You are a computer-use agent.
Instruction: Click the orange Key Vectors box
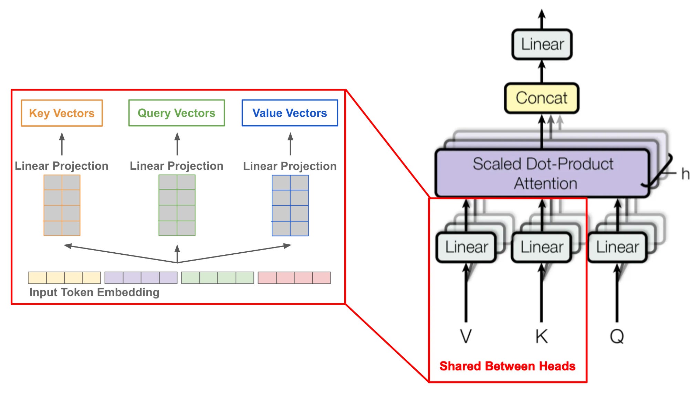click(x=62, y=113)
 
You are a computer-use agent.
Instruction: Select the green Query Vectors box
click(x=176, y=113)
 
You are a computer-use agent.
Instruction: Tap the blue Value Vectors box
click(x=290, y=113)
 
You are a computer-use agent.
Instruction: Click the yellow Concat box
click(x=541, y=98)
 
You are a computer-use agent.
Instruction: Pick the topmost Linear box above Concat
click(x=542, y=44)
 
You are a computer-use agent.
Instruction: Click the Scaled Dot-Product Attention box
click(x=542, y=173)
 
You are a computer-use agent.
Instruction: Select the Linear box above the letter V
click(x=466, y=247)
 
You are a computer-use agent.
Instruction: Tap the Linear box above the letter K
click(x=542, y=247)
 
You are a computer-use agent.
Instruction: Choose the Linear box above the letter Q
click(x=617, y=247)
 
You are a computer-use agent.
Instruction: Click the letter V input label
click(x=466, y=336)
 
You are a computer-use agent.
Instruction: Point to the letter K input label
click(x=542, y=336)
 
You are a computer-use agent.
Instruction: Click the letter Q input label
click(x=617, y=336)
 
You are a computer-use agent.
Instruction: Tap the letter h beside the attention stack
click(x=685, y=174)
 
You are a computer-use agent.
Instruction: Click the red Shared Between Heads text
click(x=507, y=366)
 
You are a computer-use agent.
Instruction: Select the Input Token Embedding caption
click(x=94, y=292)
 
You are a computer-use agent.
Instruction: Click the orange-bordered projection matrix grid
click(x=62, y=205)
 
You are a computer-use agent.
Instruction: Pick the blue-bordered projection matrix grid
click(x=290, y=205)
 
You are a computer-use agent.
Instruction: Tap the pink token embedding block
click(x=294, y=278)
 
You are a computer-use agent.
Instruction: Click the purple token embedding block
click(x=141, y=278)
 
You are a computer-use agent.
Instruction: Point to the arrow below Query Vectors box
click(x=177, y=144)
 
